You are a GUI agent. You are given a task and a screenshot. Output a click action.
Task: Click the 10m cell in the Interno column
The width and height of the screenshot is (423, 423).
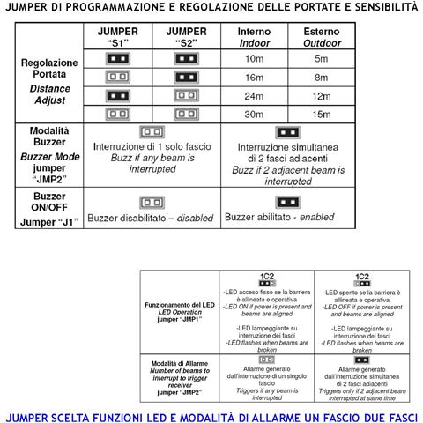(x=255, y=58)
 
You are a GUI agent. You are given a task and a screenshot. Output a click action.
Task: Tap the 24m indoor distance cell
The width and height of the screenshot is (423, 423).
(x=255, y=95)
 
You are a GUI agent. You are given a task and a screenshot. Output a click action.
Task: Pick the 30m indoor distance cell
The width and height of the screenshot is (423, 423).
(x=255, y=114)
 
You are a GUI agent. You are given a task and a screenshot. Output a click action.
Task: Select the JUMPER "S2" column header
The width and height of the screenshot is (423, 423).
(x=185, y=36)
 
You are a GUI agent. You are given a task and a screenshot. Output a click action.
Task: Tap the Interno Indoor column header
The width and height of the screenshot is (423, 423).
(x=255, y=36)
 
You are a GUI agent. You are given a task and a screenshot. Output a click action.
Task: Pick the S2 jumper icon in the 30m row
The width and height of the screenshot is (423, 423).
(x=185, y=114)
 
